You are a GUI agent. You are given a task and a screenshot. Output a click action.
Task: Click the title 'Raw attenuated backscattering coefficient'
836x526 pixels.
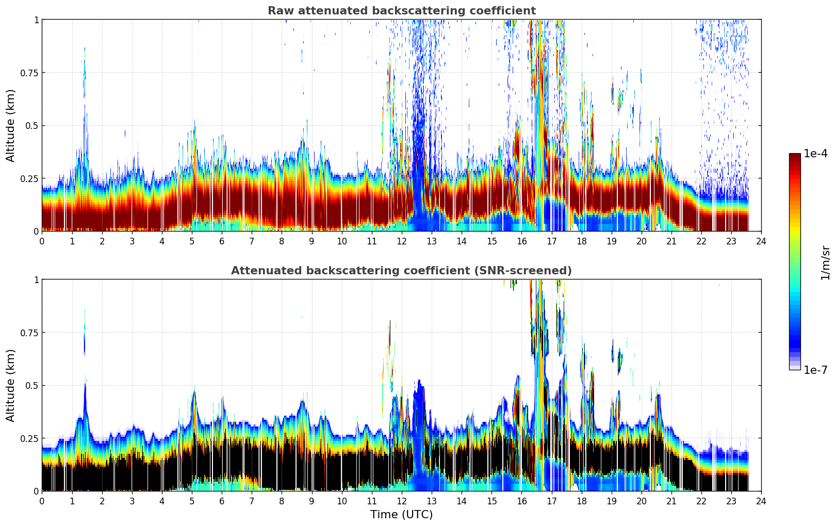[402, 10]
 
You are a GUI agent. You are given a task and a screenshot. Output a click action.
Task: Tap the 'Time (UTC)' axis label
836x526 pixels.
[402, 515]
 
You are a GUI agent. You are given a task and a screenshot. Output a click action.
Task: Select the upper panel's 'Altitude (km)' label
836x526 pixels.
[10, 126]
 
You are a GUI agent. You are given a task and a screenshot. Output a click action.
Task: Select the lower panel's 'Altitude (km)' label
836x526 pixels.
[10, 386]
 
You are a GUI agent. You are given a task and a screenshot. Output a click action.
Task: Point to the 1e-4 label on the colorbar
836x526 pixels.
[815, 153]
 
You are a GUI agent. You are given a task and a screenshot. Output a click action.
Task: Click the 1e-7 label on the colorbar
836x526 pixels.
[815, 370]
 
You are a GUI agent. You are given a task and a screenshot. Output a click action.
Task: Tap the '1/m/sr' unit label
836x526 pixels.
[825, 262]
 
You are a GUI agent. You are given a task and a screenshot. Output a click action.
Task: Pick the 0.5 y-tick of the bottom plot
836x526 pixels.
[32, 386]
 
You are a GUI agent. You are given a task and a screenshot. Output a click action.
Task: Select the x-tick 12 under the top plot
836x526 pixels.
[402, 241]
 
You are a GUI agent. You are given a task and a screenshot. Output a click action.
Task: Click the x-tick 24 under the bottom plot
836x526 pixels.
[761, 501]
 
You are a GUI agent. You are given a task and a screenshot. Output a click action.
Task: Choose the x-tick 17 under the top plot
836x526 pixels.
[552, 241]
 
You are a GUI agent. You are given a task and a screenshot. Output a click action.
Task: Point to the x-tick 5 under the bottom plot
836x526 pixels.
[192, 501]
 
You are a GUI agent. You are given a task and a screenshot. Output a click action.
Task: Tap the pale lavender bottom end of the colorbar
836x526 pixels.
[795, 368]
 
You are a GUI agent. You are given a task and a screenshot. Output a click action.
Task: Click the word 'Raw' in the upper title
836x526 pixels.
[281, 10]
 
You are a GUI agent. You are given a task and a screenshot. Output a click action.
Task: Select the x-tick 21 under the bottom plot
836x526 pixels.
[671, 501]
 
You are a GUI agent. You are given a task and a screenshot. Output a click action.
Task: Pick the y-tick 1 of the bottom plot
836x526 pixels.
[37, 280]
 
